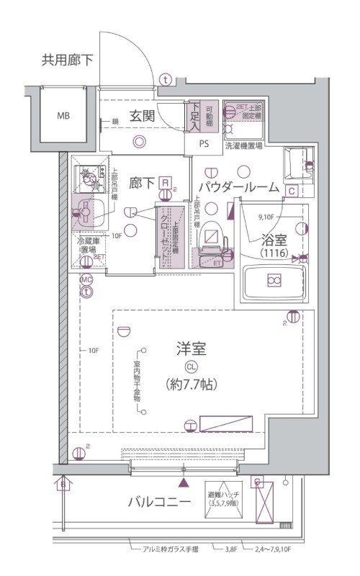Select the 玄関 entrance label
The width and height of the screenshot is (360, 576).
coord(143,115)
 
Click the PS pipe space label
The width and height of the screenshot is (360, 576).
coord(204,143)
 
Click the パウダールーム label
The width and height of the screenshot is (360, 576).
coord(238,187)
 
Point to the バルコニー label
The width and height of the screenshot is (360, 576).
coord(159,502)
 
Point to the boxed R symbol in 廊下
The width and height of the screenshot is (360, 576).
coord(166,184)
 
